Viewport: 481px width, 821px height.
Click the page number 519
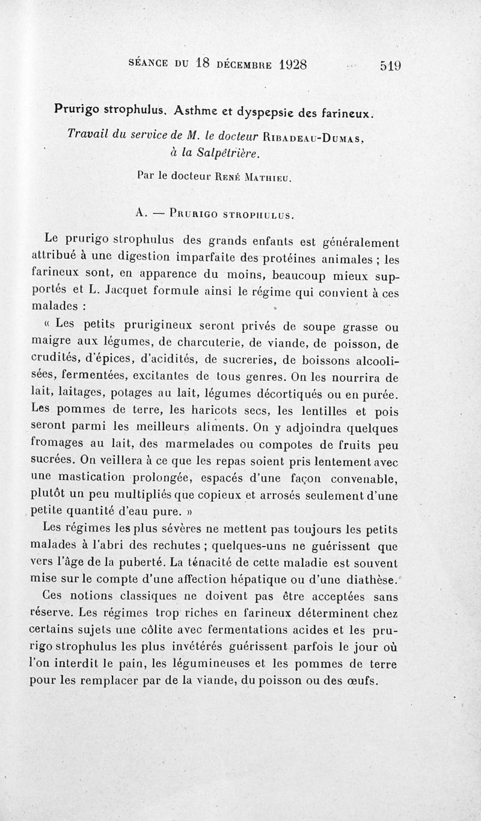(390, 65)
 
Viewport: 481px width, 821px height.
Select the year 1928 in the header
(284, 64)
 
